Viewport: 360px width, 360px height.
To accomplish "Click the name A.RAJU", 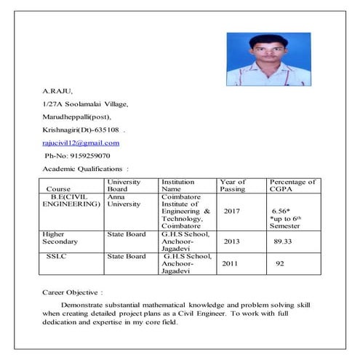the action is [x=57, y=92].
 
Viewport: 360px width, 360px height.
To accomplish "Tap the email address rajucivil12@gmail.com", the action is [x=81, y=143].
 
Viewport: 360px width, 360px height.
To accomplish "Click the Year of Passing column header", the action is [x=233, y=185].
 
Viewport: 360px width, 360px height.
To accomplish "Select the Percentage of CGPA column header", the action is [x=292, y=185].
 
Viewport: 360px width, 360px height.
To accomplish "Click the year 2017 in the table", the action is [x=232, y=212].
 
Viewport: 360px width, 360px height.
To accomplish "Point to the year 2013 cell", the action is [x=231, y=241].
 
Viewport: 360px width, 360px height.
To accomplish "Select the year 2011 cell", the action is [x=230, y=263].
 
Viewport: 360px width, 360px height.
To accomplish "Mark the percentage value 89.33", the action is [x=283, y=241].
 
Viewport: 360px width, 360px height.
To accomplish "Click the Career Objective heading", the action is [x=73, y=292].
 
